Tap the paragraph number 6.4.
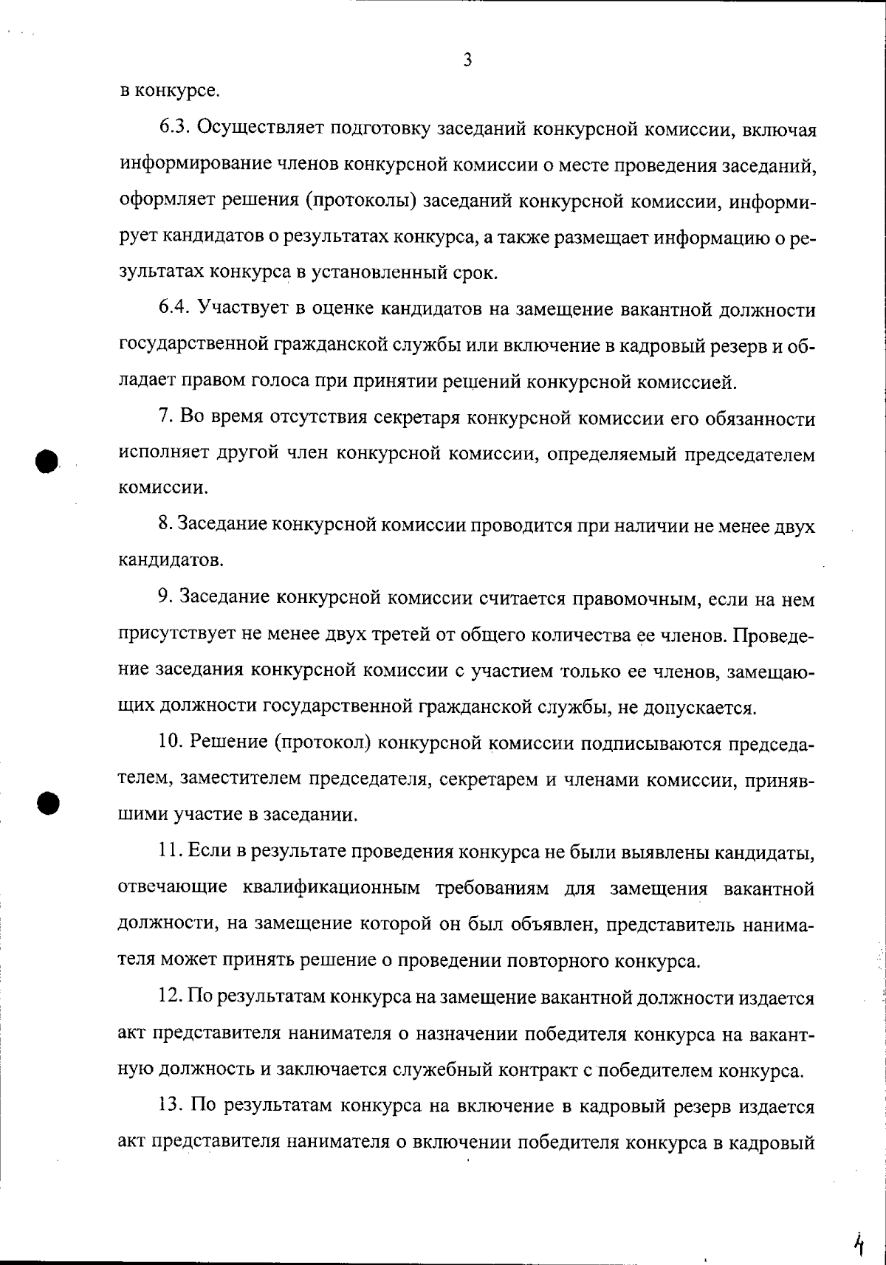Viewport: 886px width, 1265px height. coord(175,309)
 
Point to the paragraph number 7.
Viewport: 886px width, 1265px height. coord(166,418)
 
